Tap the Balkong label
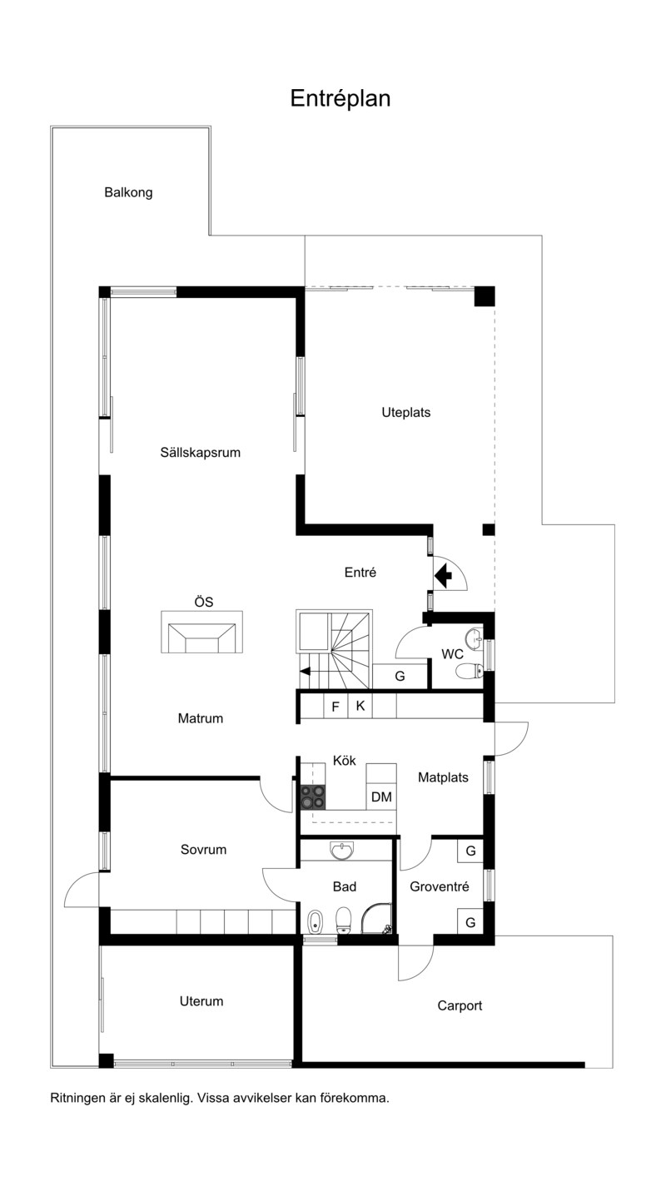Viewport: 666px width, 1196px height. pyautogui.click(x=128, y=193)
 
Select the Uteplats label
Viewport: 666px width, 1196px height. pyautogui.click(x=406, y=413)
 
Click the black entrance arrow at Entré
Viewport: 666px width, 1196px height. pyautogui.click(x=443, y=576)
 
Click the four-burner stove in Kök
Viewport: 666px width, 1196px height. pyautogui.click(x=313, y=797)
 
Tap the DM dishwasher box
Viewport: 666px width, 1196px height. pyautogui.click(x=381, y=797)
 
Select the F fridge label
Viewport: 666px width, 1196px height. pyautogui.click(x=335, y=707)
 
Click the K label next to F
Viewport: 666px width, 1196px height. pyautogui.click(x=360, y=706)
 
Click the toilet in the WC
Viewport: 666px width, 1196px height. pyautogui.click(x=470, y=671)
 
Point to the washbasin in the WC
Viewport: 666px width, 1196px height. pyautogui.click(x=475, y=637)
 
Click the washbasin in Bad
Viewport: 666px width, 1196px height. pyautogui.click(x=341, y=851)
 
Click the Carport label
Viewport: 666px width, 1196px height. pyautogui.click(x=460, y=1006)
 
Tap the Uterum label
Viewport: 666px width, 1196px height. pyautogui.click(x=201, y=1001)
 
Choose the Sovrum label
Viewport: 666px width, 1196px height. pyautogui.click(x=203, y=850)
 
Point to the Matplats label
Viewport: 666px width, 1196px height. pyautogui.click(x=443, y=778)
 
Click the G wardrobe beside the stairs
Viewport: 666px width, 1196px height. pyautogui.click(x=400, y=677)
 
